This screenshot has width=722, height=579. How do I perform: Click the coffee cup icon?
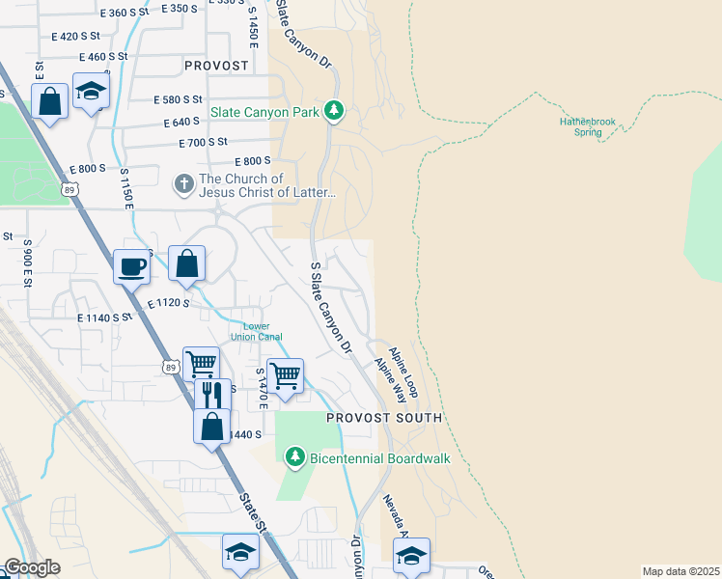[x=131, y=266]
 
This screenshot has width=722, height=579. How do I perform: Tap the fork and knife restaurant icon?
[x=212, y=394]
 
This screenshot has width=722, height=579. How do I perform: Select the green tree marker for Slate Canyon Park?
[x=334, y=112]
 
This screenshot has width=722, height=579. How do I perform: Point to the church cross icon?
[x=183, y=183]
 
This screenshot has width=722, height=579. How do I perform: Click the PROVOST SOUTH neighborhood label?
[x=383, y=418]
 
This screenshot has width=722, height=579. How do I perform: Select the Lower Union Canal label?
[x=256, y=332]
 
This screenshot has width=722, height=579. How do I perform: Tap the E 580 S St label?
[x=179, y=99]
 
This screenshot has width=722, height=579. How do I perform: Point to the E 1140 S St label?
[x=99, y=317]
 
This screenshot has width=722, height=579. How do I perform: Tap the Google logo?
[x=31, y=567]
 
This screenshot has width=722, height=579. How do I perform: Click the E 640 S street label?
[x=188, y=123]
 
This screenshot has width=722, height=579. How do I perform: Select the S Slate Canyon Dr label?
[x=329, y=307]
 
